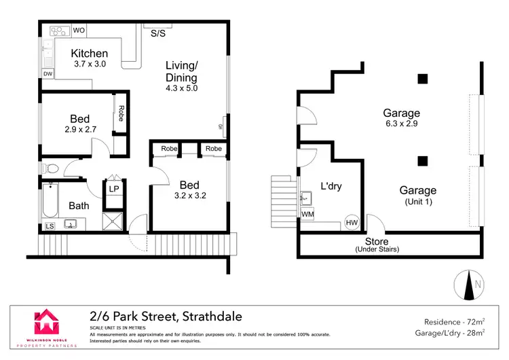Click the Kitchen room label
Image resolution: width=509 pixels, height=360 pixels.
[90, 54]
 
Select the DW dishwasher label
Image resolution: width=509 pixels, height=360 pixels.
[48, 73]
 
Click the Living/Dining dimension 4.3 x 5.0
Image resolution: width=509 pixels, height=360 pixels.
[181, 88]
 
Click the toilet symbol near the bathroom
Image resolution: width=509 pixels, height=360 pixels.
[51, 168]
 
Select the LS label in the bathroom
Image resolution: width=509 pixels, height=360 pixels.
[50, 226]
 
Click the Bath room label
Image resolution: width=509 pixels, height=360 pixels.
[79, 206]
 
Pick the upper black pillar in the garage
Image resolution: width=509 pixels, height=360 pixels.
[423, 78]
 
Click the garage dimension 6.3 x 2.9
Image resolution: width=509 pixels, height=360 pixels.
[401, 125]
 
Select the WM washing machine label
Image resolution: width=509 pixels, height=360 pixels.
[309, 214]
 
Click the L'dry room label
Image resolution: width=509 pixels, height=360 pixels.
[331, 186]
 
